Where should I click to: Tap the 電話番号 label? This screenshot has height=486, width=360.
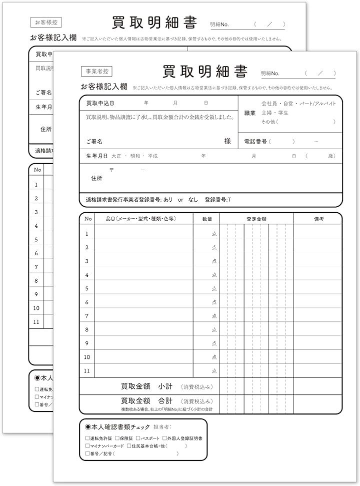[x=255, y=142]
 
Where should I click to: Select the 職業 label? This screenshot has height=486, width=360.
[x=250, y=113]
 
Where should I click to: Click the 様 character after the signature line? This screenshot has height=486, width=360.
[x=227, y=142]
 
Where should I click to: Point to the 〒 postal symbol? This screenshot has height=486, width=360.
[x=111, y=170]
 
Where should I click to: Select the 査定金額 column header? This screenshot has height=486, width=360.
[x=256, y=219]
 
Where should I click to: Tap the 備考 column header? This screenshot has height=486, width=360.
[x=319, y=219]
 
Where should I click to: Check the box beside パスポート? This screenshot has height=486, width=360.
[x=137, y=438]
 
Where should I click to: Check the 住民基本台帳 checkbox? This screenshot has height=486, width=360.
[x=128, y=446]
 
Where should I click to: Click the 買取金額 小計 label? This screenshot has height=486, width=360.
[x=146, y=386]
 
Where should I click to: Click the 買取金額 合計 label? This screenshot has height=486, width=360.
[x=146, y=401]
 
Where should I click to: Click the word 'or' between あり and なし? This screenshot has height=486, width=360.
[x=180, y=199]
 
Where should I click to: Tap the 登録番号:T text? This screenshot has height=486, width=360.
[x=218, y=199]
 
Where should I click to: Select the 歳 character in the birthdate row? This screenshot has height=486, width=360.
[x=331, y=156]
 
